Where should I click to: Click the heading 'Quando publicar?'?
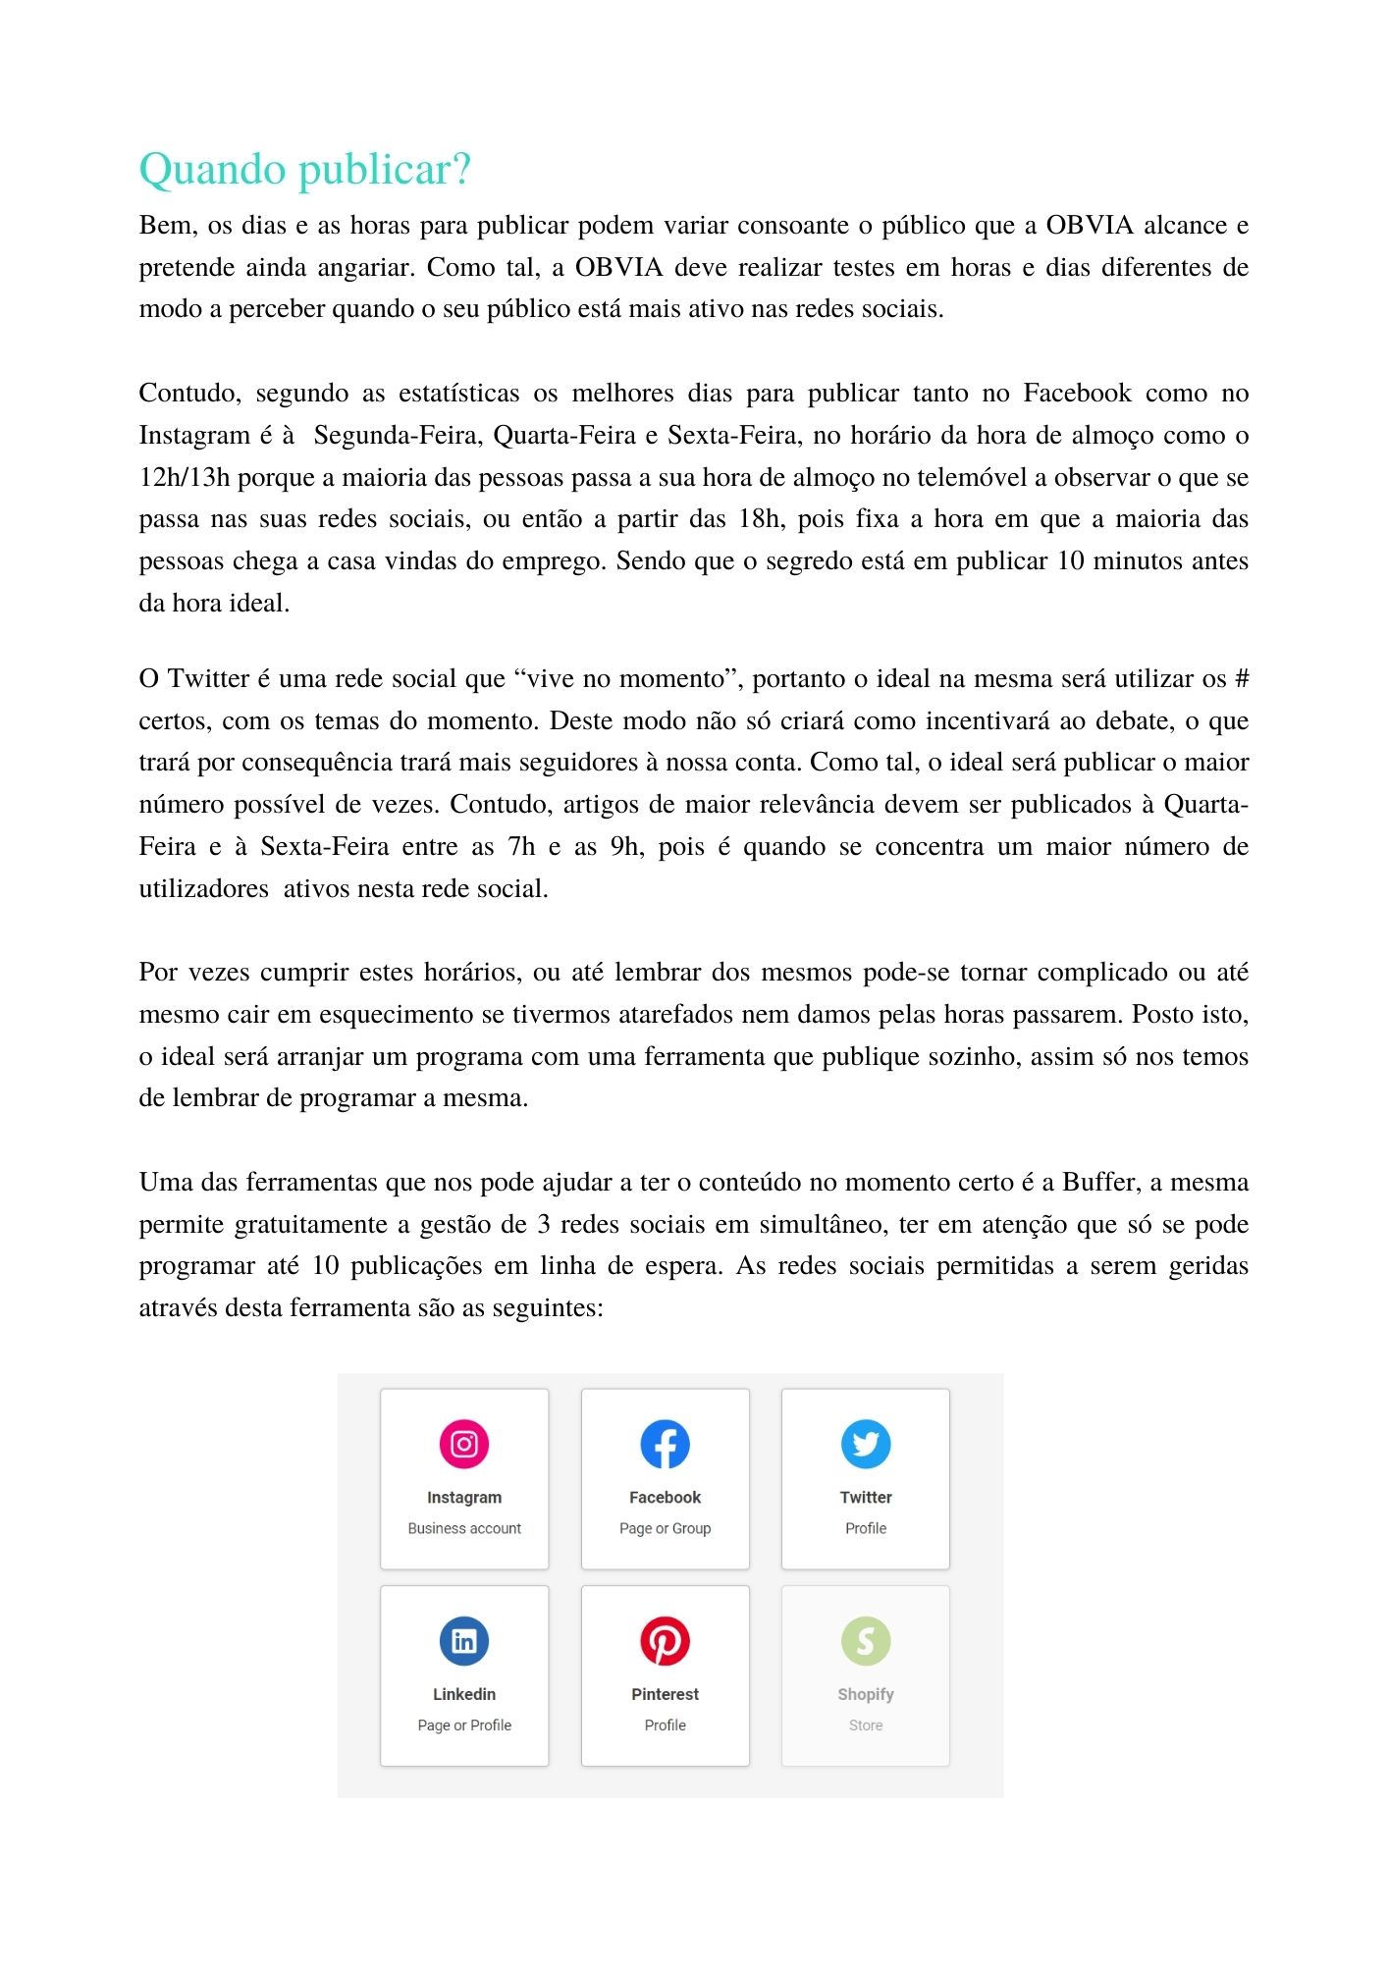point(304,170)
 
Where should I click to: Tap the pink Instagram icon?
point(464,1444)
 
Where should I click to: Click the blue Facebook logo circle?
point(665,1444)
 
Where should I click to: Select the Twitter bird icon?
point(866,1444)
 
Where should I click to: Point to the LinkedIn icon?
point(464,1641)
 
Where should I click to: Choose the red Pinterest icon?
point(665,1641)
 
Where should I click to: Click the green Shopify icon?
point(866,1641)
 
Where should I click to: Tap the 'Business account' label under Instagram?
point(464,1528)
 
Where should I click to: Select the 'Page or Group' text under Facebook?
point(665,1528)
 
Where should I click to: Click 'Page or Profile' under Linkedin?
point(464,1725)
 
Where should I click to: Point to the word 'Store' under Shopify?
point(866,1725)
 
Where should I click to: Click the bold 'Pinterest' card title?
point(665,1694)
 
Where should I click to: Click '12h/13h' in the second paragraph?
point(184,478)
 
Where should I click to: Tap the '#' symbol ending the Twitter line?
point(1241,679)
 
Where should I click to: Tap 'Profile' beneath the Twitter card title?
point(866,1528)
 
